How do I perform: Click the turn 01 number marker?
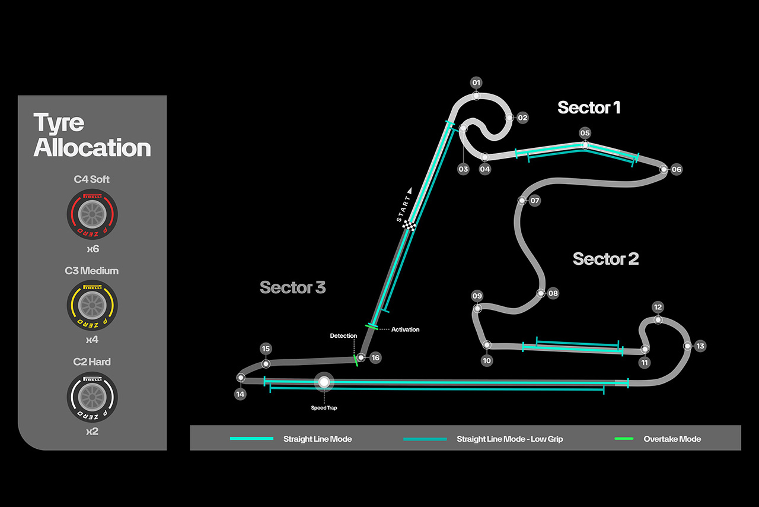tap(476, 82)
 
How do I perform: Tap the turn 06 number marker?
tap(677, 170)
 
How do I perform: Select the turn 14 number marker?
tap(240, 394)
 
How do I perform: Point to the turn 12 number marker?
tap(658, 307)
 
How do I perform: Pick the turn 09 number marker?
tap(477, 296)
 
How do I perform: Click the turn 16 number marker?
tap(375, 358)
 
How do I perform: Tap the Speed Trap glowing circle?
tap(324, 382)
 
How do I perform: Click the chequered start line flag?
tap(409, 225)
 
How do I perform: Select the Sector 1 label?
tap(589, 107)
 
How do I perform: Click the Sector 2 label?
tap(605, 259)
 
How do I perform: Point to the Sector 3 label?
tap(292, 288)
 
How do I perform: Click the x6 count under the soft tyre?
tap(92, 249)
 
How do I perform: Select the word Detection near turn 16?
tap(343, 336)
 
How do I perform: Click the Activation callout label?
tap(405, 329)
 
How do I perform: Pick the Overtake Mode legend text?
tap(672, 439)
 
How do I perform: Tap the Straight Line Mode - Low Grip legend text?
tap(509, 439)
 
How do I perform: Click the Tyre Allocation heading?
tap(92, 135)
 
